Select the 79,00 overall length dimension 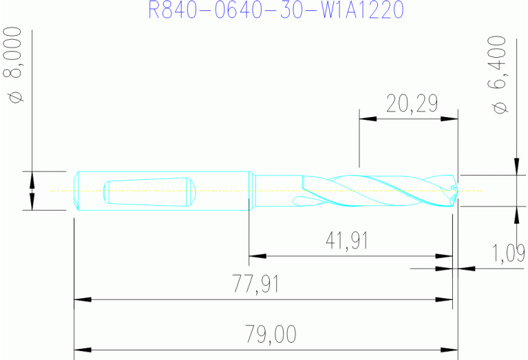[271, 335]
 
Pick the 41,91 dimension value [346, 240]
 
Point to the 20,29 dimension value [412, 104]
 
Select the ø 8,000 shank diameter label [16, 65]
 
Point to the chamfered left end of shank [76, 191]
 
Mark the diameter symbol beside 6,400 [500, 107]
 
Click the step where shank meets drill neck [251, 191]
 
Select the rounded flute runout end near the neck [298, 201]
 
